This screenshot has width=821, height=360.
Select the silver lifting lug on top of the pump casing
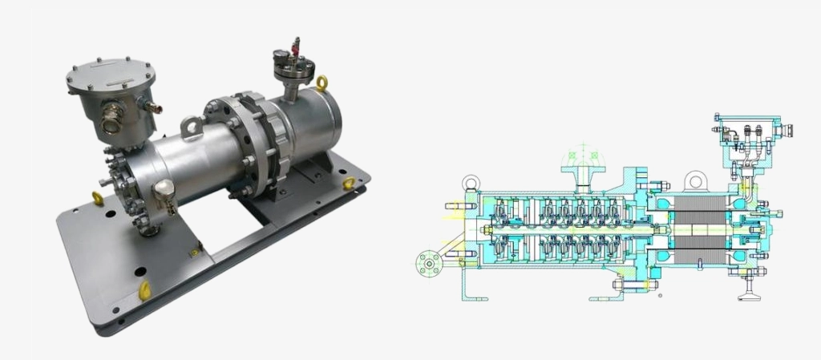[x=191, y=126]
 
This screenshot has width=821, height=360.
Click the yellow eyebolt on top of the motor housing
[x=322, y=83]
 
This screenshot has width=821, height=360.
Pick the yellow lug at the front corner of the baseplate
[x=144, y=290]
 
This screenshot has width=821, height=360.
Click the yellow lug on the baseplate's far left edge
[x=97, y=198]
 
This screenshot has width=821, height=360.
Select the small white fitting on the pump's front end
[x=165, y=189]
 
